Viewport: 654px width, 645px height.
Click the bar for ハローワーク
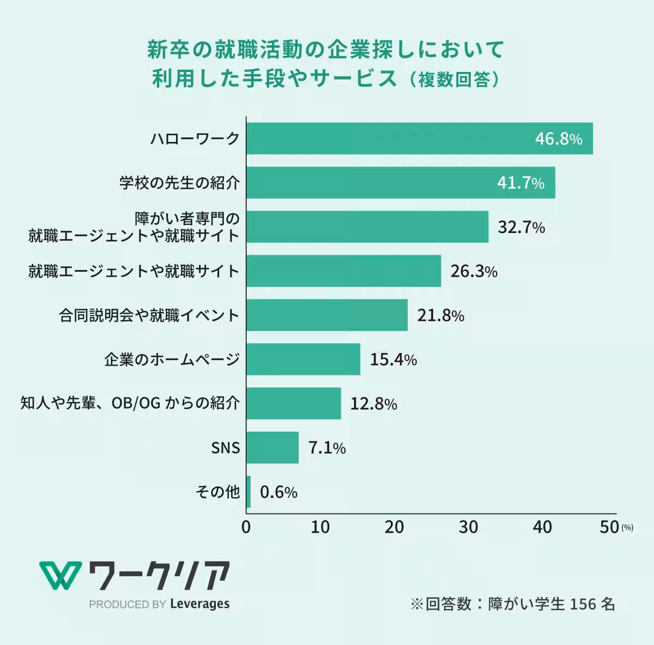(420, 139)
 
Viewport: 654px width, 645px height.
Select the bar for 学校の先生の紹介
(401, 183)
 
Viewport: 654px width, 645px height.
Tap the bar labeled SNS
(272, 447)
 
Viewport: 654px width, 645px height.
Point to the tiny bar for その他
(249, 492)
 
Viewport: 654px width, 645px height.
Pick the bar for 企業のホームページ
(303, 359)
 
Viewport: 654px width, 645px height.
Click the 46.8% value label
(559, 139)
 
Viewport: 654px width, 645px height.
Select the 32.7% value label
(521, 227)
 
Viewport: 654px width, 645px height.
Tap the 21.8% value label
(440, 315)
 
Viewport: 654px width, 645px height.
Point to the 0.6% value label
(278, 492)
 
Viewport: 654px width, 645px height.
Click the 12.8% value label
(373, 404)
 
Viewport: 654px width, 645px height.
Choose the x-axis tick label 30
(469, 527)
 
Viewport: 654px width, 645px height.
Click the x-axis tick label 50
(609, 527)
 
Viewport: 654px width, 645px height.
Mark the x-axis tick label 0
(246, 527)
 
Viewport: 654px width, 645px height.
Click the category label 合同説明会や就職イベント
(149, 315)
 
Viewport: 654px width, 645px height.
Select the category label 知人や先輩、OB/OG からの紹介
(130, 403)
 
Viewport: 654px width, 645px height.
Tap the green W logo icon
(59, 575)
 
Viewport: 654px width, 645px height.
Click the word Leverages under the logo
(199, 604)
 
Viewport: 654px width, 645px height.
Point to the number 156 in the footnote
(583, 604)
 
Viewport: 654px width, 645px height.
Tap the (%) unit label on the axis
(627, 528)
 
